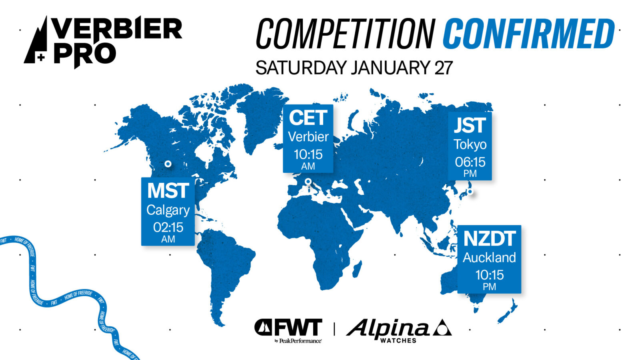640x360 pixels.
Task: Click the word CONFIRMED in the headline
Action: pos(528,34)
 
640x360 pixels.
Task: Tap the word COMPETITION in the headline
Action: pos(346,34)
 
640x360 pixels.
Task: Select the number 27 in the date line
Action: pos(444,68)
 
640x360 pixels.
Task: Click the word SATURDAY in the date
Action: pos(301,68)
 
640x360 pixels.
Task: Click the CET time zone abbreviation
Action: pos(308,118)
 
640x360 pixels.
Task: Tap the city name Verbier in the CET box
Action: pos(308,137)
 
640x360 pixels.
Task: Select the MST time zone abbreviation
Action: pos(168,190)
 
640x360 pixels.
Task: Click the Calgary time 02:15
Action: pos(168,228)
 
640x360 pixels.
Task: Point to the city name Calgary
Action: pos(168,210)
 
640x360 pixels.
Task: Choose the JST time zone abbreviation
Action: pos(470,125)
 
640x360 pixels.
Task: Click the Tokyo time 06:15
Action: pos(470,162)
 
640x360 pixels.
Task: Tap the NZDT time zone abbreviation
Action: pos(490,238)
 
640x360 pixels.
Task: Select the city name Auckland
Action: pos(490,258)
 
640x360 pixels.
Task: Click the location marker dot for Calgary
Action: pos(168,164)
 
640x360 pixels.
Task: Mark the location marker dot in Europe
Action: pos(308,182)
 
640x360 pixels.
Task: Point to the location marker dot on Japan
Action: pos(470,192)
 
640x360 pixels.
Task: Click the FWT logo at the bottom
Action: pos(288,330)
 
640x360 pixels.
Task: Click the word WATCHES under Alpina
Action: pos(398,340)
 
